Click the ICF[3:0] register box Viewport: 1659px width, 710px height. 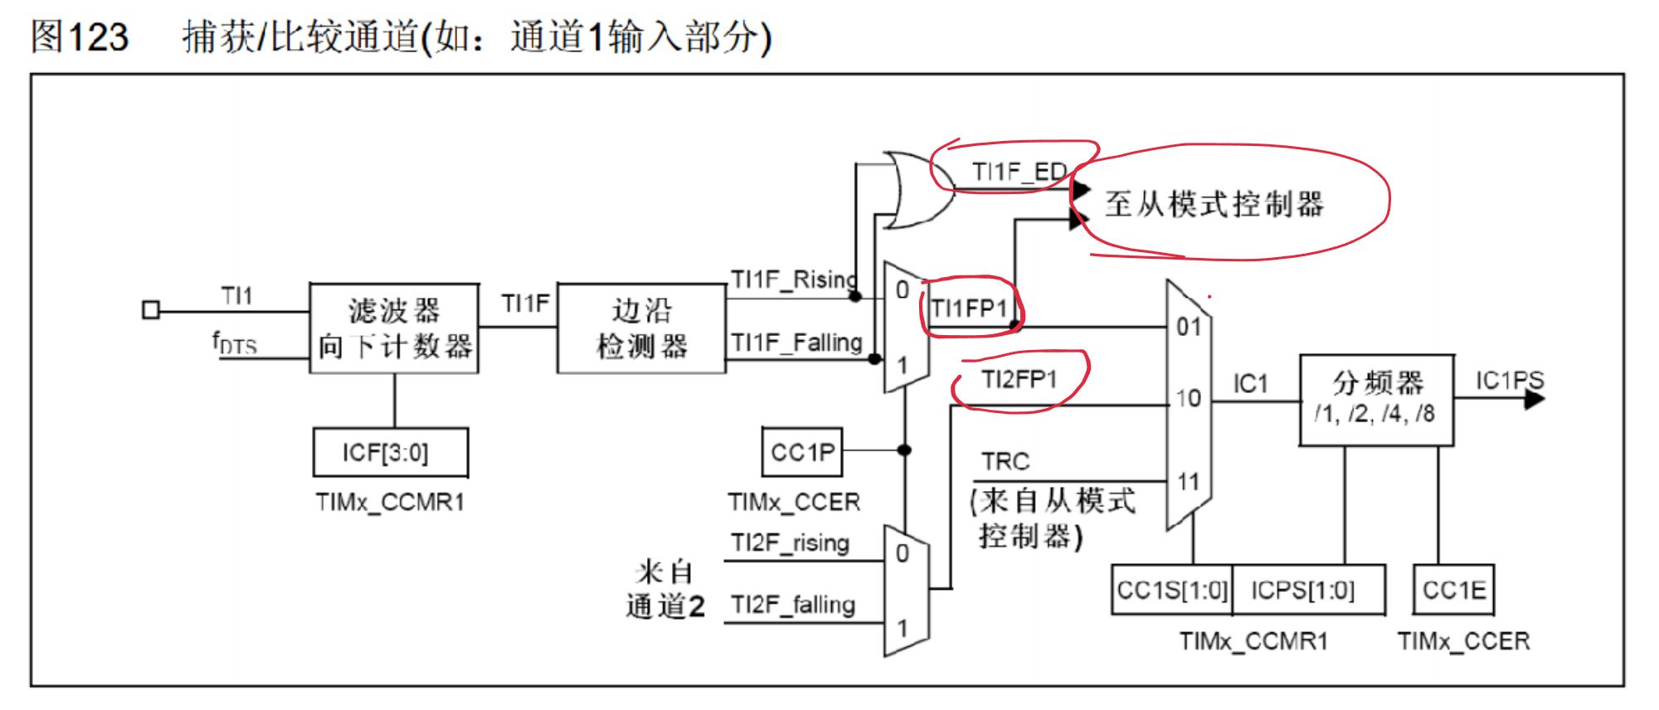(x=390, y=452)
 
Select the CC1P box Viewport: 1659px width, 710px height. (x=802, y=452)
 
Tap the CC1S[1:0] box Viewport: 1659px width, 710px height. (x=1171, y=591)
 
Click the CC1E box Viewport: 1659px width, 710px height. (x=1454, y=591)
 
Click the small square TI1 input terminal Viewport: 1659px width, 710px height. (x=151, y=310)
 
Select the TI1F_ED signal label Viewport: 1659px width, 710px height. (x=1019, y=172)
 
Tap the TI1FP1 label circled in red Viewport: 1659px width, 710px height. (x=969, y=309)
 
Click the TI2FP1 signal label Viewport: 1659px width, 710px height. (x=1019, y=380)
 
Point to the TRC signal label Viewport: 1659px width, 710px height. (x=1005, y=461)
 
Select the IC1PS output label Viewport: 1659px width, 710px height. (x=1509, y=381)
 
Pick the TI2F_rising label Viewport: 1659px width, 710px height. (x=791, y=543)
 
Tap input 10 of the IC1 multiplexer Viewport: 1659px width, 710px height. (x=1189, y=398)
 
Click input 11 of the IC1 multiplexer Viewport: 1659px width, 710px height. (x=1189, y=482)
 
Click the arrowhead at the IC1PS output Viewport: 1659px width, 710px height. (x=1535, y=400)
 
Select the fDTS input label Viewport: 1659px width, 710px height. (x=235, y=343)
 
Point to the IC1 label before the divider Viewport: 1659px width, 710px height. (x=1250, y=383)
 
